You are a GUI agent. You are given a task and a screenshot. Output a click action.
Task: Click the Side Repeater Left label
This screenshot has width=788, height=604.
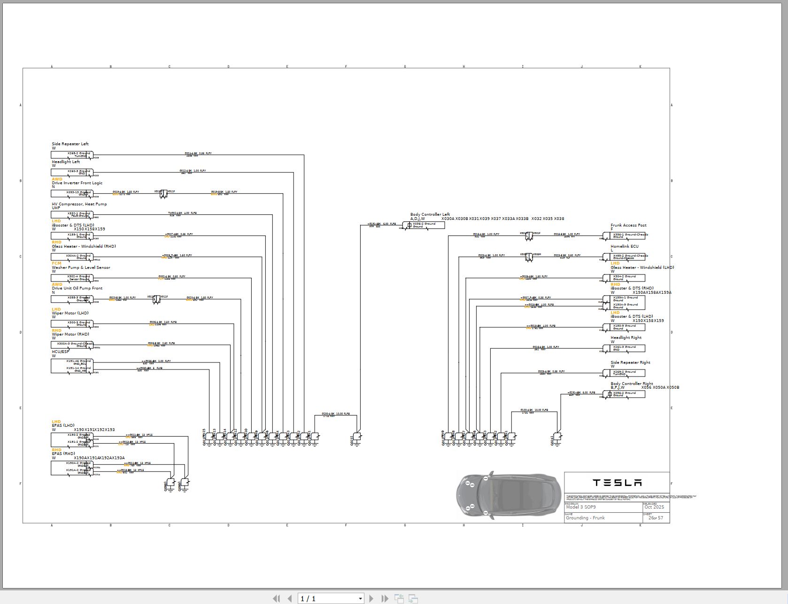70,144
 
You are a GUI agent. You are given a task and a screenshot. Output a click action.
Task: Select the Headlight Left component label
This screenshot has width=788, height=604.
66,162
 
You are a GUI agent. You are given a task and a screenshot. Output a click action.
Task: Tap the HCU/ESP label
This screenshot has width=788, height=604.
61,352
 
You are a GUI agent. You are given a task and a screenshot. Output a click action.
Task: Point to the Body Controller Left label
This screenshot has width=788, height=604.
430,214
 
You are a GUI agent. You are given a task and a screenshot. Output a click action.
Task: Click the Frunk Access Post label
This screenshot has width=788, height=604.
628,225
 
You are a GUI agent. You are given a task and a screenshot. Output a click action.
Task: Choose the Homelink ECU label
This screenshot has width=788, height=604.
624,246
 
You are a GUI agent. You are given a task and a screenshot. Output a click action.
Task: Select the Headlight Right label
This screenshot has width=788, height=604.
626,337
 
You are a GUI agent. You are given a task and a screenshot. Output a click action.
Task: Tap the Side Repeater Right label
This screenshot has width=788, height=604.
630,362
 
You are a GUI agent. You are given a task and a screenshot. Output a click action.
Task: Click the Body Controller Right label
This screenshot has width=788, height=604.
632,384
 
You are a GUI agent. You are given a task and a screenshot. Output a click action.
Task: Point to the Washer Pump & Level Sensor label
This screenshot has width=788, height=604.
81,267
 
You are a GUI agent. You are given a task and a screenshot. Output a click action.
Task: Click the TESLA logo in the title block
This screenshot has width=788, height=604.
617,483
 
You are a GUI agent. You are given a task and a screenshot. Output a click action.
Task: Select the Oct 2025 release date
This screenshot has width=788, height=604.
654,507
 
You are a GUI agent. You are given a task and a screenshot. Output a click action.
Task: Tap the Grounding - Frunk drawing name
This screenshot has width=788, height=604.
585,518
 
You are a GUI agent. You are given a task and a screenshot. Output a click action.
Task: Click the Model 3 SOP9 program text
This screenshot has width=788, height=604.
581,507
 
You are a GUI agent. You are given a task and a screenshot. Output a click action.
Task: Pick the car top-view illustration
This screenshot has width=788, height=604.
509,495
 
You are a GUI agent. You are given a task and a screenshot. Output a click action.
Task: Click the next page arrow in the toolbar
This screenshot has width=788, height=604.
371,598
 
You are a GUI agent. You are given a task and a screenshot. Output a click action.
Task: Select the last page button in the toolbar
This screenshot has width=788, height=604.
385,598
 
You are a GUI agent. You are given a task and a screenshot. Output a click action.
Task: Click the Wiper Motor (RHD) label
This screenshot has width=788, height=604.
70,334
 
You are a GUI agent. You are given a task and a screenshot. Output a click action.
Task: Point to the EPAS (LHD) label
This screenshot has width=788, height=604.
63,425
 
